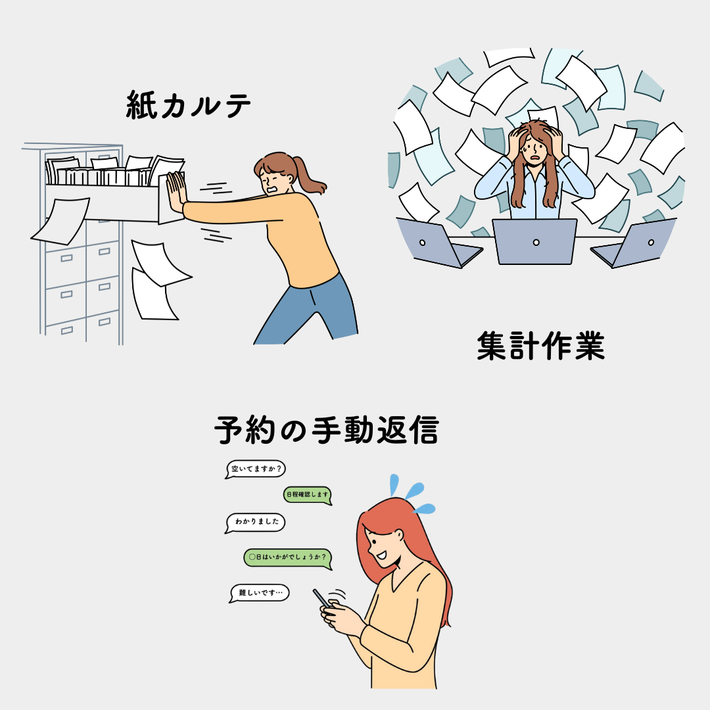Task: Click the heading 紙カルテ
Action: click(188, 105)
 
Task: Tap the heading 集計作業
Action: click(540, 346)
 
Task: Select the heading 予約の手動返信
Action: click(327, 430)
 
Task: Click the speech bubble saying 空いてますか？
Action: click(256, 469)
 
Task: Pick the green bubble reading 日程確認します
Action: click(308, 495)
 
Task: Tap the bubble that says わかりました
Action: click(255, 523)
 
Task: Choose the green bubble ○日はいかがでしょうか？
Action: click(288, 558)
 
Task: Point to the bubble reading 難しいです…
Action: click(260, 593)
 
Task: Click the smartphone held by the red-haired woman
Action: click(322, 599)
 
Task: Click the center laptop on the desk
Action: click(534, 242)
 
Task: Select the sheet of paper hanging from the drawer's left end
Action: click(61, 221)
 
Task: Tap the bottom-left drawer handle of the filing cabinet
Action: click(66, 330)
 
